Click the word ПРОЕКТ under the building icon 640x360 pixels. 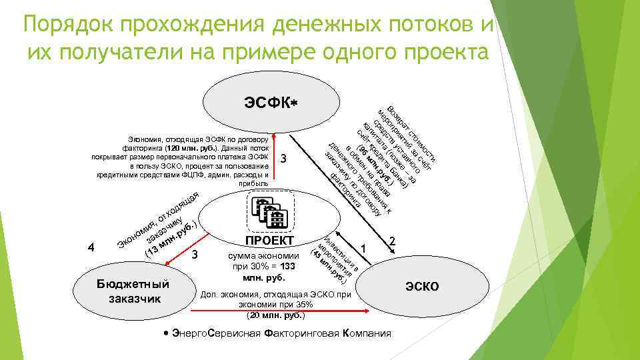pos(269,241)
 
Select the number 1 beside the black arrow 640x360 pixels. pos(363,248)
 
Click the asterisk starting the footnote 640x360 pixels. pos(165,333)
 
